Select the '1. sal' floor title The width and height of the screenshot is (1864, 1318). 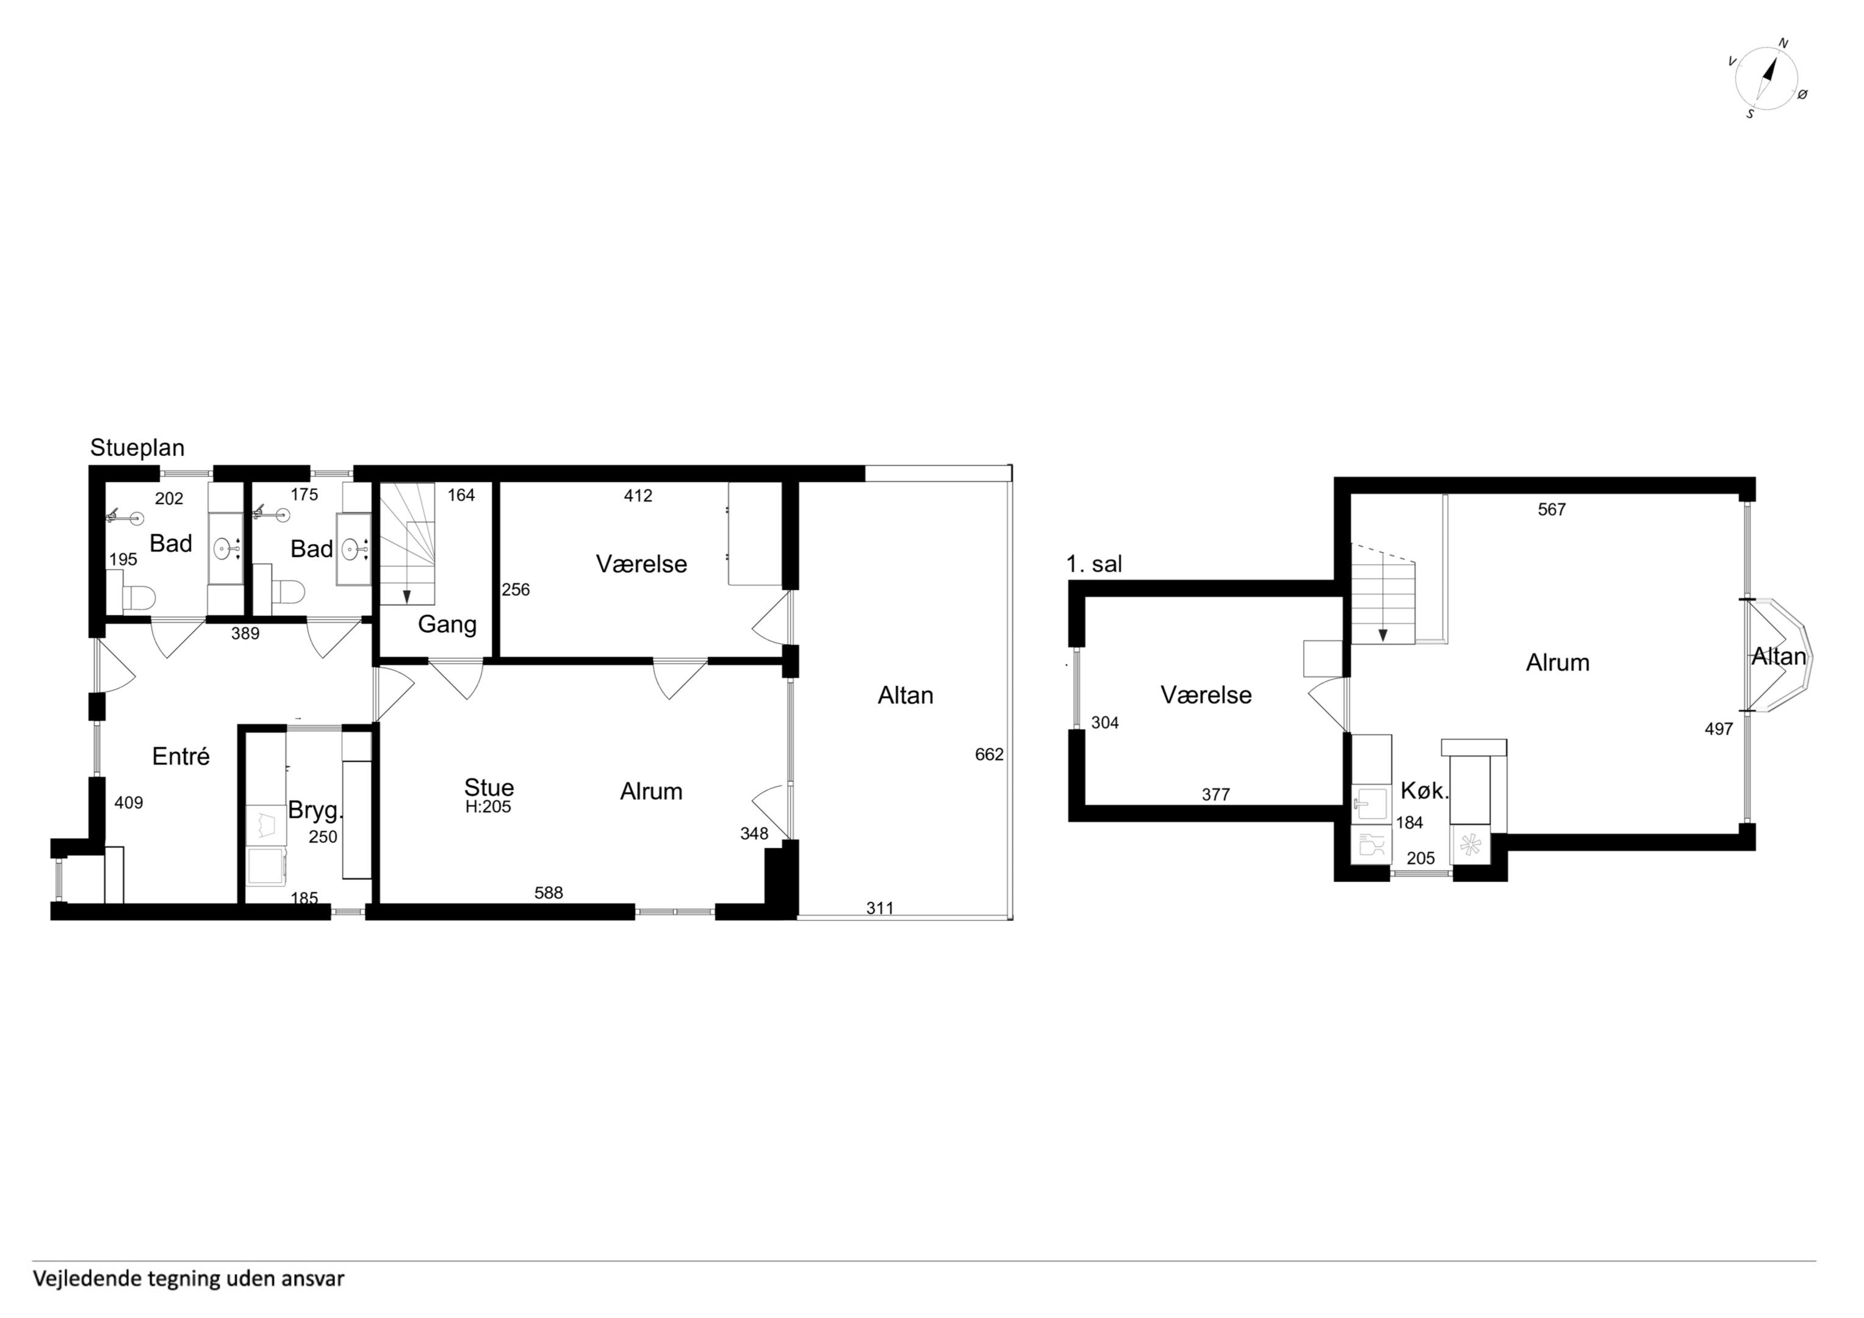tap(1095, 564)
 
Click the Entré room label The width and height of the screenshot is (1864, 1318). tap(181, 757)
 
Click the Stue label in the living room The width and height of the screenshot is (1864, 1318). tap(489, 787)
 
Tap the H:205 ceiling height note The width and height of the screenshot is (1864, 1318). tap(488, 807)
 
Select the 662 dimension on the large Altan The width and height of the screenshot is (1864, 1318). tap(989, 754)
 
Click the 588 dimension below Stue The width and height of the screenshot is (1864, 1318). tap(549, 893)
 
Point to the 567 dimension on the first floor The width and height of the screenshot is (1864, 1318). tap(1552, 509)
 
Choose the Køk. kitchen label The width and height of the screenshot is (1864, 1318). tap(1425, 791)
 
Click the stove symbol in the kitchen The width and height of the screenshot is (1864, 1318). tap(1470, 845)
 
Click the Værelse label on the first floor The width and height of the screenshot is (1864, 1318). tap(1206, 695)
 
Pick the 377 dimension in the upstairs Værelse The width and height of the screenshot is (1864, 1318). tap(1215, 795)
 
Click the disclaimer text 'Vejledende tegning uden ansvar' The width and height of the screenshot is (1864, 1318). tap(189, 1279)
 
